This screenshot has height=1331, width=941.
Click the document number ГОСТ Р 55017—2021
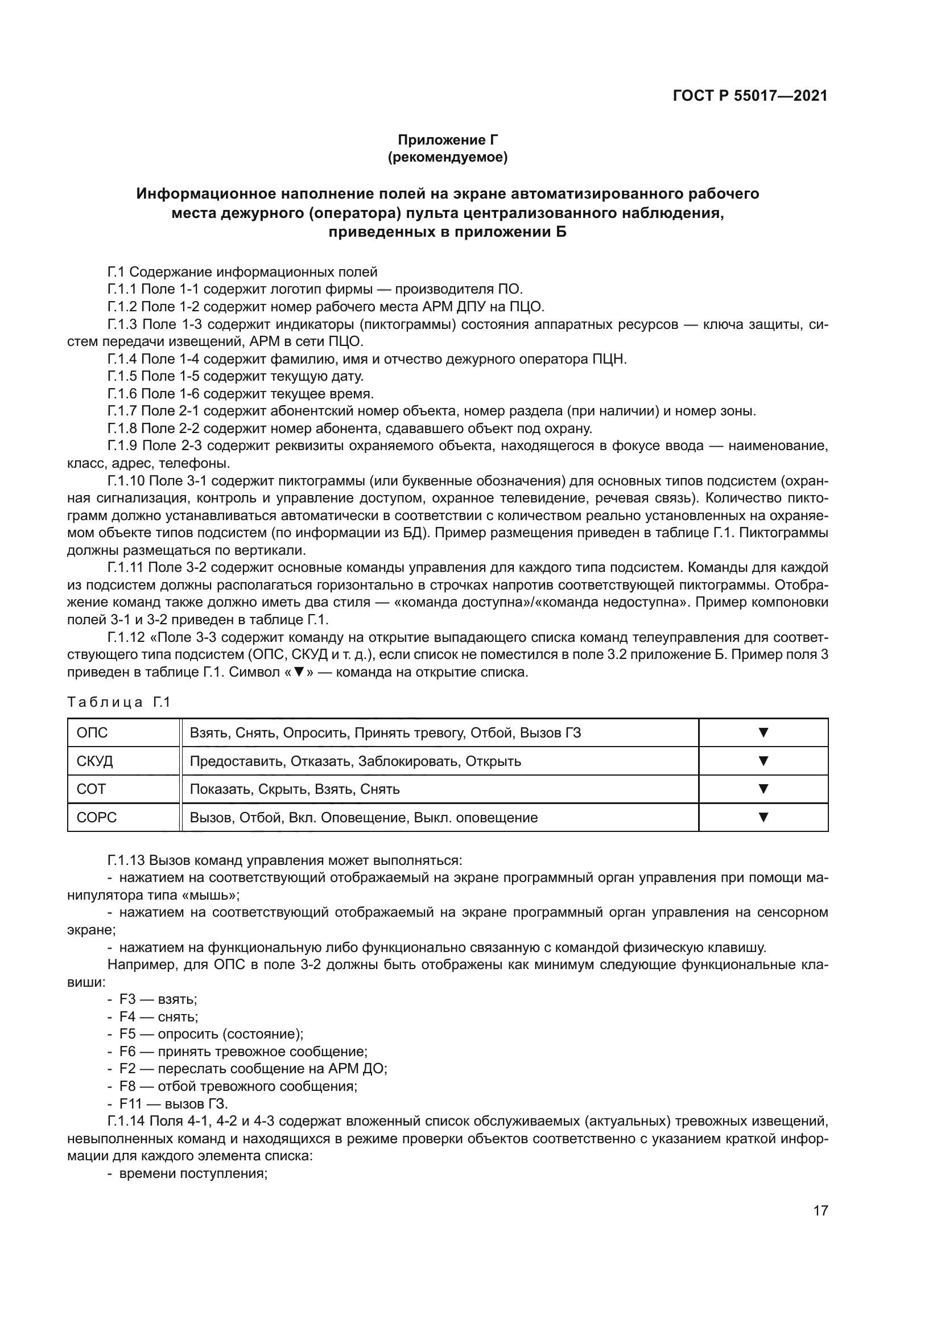pos(750,96)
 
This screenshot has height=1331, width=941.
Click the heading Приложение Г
pos(447,140)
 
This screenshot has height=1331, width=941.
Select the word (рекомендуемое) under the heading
pos(447,157)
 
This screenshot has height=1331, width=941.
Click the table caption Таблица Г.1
pos(118,702)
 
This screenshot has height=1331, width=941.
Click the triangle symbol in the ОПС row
pos(763,733)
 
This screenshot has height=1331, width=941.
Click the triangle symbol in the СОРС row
pos(763,817)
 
